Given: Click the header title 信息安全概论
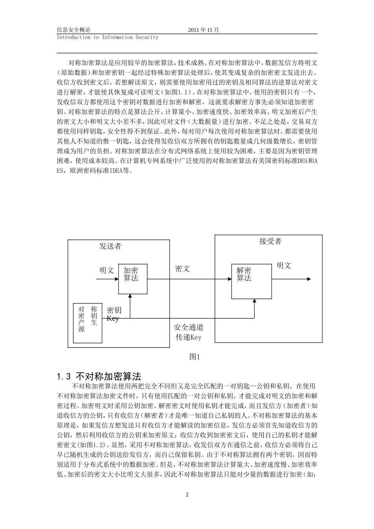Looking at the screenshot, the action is [74, 30].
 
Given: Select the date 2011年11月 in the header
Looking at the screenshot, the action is [204, 30].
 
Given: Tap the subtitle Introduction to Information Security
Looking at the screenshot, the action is [107, 37].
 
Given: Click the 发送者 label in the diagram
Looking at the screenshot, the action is [110, 246].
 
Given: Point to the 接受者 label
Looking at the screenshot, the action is [270, 241].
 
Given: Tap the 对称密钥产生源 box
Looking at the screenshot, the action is [88, 323].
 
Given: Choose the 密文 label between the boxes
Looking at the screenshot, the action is [182, 268].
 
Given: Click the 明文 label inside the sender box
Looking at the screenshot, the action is [106, 270].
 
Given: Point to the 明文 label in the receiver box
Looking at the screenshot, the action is [283, 266].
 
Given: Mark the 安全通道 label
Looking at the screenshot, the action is [189, 327].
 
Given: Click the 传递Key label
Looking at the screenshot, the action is [189, 337].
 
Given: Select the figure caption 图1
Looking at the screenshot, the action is [195, 357].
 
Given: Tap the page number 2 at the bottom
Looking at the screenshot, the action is [187, 495].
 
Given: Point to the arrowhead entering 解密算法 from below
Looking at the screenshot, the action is [254, 301].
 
